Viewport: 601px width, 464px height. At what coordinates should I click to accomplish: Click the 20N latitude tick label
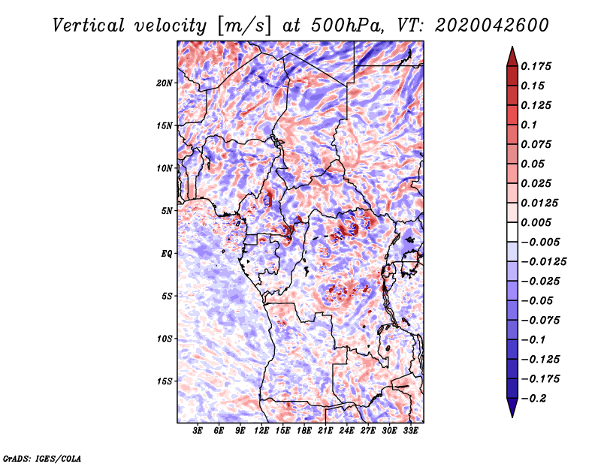pyautogui.click(x=165, y=83)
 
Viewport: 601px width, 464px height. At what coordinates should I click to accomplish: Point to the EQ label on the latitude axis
pyautogui.click(x=168, y=254)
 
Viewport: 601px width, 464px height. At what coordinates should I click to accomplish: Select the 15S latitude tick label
pyautogui.click(x=165, y=381)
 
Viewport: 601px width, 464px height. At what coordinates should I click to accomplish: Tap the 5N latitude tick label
pyautogui.click(x=167, y=211)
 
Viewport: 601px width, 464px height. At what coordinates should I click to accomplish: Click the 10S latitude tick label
pyautogui.click(x=165, y=339)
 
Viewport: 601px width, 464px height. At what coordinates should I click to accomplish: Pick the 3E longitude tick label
pyautogui.click(x=198, y=431)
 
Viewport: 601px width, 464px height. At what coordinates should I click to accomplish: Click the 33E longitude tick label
pyautogui.click(x=410, y=431)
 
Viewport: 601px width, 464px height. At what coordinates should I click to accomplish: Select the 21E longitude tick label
pyautogui.click(x=325, y=431)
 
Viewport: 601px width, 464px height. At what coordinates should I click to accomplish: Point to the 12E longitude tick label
pyautogui.click(x=261, y=431)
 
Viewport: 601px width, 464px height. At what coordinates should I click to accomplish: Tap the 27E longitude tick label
pyautogui.click(x=368, y=431)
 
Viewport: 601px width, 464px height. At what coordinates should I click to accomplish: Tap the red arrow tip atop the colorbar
pyautogui.click(x=512, y=53)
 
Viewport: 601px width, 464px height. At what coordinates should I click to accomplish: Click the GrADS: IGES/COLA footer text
pyautogui.click(x=42, y=457)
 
